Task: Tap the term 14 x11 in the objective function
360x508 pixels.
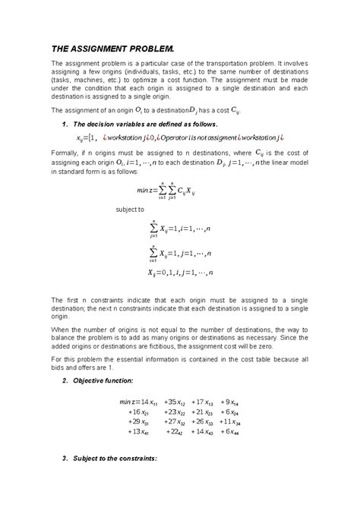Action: [x=145, y=402]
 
